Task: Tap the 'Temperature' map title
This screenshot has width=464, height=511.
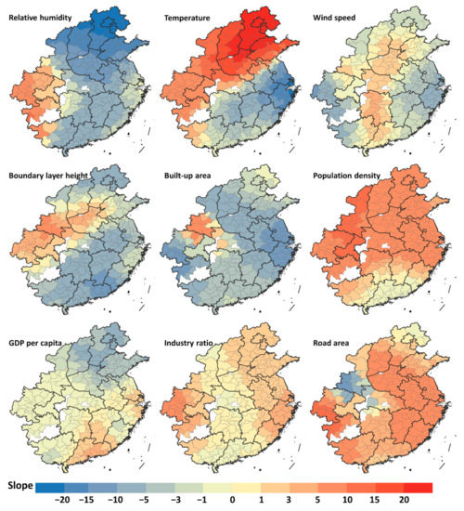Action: point(191,18)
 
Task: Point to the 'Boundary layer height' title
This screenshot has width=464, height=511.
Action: point(55,175)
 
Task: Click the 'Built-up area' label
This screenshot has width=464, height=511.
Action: point(194,175)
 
